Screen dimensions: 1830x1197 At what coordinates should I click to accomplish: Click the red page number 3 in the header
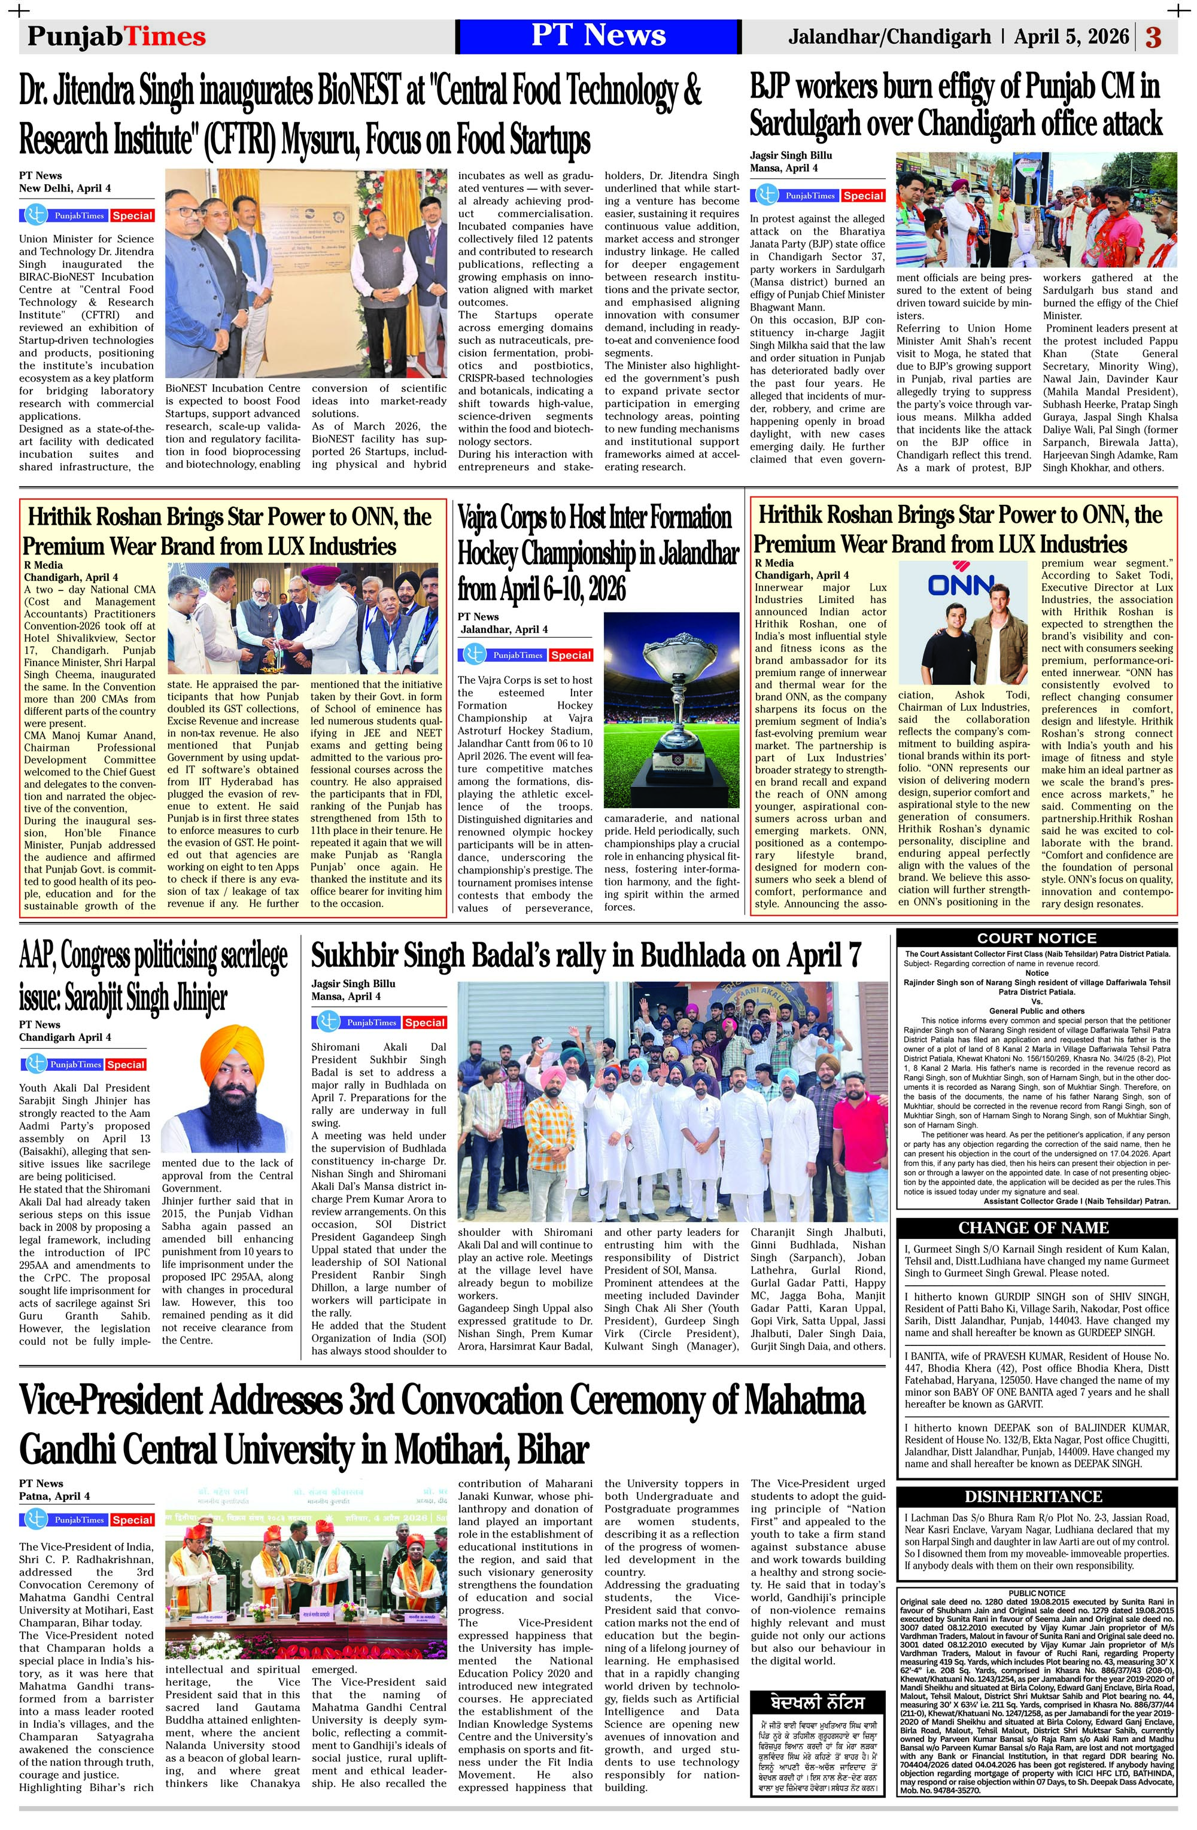pyautogui.click(x=1153, y=38)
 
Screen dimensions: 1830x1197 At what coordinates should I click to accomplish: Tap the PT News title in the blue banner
pyautogui.click(x=598, y=36)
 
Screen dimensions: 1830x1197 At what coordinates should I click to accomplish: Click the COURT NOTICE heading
pyautogui.click(x=1036, y=938)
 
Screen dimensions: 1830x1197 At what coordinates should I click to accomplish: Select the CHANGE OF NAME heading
pyautogui.click(x=1036, y=1228)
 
